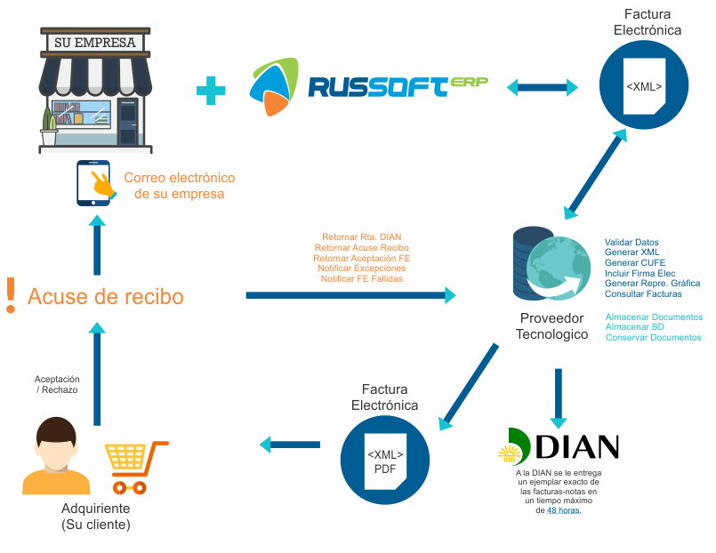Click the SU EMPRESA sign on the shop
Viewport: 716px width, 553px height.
coord(95,42)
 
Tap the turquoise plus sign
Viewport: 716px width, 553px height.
coord(210,90)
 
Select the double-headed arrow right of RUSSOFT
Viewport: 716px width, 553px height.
coord(543,87)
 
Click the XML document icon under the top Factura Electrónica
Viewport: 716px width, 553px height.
coord(643,86)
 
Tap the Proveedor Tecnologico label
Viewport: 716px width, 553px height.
coord(551,326)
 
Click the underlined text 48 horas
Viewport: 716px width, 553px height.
coord(563,510)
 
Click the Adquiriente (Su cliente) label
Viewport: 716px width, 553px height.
coord(95,517)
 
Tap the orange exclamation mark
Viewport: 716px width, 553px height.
coord(11,295)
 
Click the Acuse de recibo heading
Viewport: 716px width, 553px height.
coord(106,296)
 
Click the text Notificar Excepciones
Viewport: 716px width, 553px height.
coord(362,268)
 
